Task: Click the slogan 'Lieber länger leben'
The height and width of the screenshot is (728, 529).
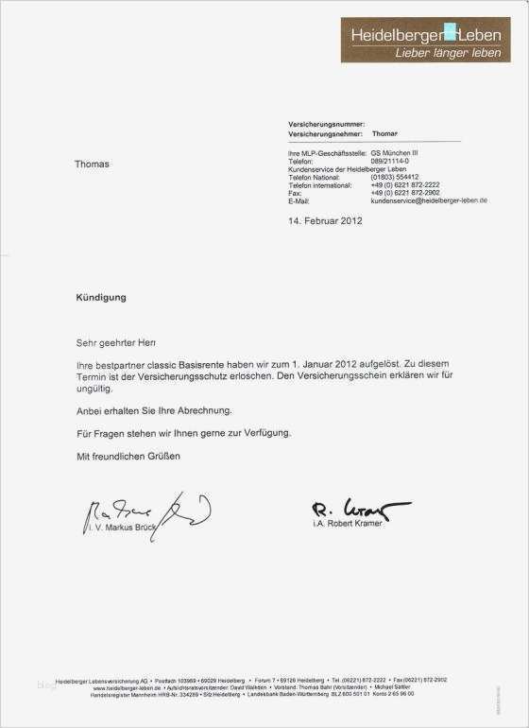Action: (x=447, y=54)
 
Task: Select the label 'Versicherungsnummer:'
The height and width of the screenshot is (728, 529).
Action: (x=326, y=124)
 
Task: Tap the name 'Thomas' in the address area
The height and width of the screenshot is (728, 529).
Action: (x=92, y=165)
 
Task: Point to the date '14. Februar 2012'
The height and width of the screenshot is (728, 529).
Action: (x=325, y=221)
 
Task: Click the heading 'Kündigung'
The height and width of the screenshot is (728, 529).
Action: (x=100, y=297)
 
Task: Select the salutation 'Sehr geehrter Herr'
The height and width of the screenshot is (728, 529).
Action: (x=116, y=341)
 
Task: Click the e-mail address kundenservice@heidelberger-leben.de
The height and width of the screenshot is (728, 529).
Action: (x=429, y=201)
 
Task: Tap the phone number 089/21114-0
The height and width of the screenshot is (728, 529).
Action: (x=389, y=161)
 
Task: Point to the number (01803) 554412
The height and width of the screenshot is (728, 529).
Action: (x=395, y=177)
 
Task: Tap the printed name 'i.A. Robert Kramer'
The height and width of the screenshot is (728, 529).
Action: (x=354, y=523)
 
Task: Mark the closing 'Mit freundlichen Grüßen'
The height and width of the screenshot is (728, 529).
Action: (x=128, y=456)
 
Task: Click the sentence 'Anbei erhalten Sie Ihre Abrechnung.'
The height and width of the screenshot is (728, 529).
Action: (x=154, y=410)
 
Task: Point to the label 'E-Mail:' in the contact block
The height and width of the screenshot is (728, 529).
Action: (x=299, y=201)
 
